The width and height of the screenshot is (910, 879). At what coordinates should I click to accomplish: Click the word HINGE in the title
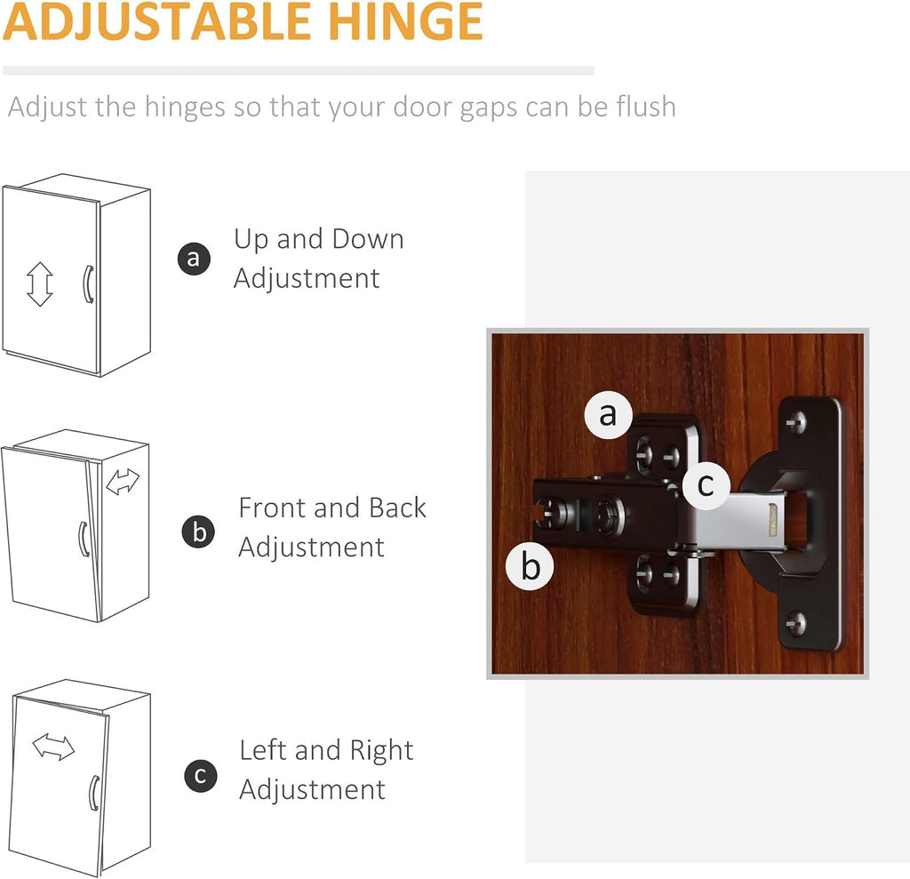point(405,21)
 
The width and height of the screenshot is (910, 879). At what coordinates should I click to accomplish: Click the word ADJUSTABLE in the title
point(156,21)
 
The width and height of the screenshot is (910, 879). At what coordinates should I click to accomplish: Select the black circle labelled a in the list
point(194,259)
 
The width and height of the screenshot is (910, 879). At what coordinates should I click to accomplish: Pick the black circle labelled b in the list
point(198,531)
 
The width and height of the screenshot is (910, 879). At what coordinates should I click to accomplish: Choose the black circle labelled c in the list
point(201,776)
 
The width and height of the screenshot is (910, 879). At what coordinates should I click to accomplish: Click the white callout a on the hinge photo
point(608,414)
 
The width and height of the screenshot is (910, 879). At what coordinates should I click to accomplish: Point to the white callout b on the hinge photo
point(530,565)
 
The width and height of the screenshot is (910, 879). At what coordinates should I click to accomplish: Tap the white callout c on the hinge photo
point(706,484)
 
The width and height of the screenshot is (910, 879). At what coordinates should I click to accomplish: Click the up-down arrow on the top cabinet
point(39,284)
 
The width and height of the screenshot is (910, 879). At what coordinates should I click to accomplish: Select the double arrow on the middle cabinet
point(123,482)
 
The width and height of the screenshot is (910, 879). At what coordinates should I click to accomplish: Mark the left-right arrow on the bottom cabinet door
point(53,747)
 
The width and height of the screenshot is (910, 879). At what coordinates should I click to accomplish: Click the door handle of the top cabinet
point(88,284)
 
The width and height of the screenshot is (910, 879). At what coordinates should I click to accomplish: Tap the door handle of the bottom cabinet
point(92,793)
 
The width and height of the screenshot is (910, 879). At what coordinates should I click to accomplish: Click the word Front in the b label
point(272,507)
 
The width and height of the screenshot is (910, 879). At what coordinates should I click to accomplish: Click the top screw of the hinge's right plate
point(796,421)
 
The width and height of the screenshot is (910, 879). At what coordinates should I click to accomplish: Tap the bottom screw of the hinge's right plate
point(796,624)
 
